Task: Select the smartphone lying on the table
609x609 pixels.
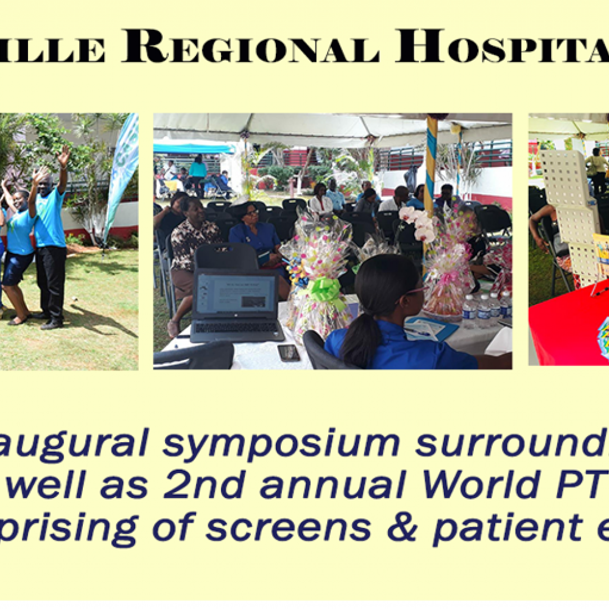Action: [x=289, y=353]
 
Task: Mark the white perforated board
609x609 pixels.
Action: [x=569, y=207]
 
